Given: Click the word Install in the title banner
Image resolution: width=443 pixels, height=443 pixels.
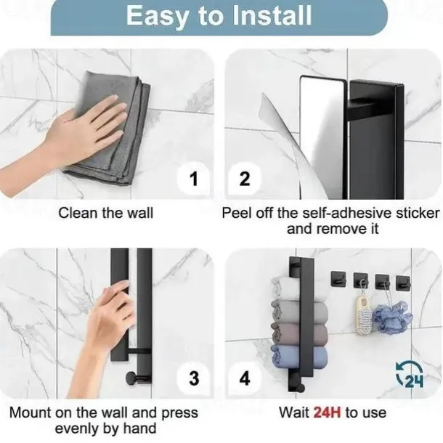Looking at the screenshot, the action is [x=272, y=16].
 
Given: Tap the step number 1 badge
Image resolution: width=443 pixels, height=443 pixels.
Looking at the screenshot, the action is [x=194, y=179].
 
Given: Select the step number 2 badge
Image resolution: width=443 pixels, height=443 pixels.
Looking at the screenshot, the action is [x=245, y=179].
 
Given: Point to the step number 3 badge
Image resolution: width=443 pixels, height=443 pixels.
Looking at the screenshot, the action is [x=194, y=378].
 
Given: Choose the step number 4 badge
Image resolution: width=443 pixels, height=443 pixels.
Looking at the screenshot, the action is [x=245, y=378].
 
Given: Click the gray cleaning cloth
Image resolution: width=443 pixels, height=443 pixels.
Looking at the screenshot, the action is [x=113, y=130].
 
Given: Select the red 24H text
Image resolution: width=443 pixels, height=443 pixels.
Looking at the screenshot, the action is [x=327, y=412].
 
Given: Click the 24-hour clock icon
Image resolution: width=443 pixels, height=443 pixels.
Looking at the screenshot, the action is [x=410, y=374].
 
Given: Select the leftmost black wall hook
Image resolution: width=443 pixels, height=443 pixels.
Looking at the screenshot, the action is [x=338, y=279].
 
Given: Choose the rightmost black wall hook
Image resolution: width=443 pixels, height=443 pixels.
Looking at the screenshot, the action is [x=403, y=283].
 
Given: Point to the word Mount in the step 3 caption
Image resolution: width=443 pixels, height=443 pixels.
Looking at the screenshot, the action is [x=31, y=412].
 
